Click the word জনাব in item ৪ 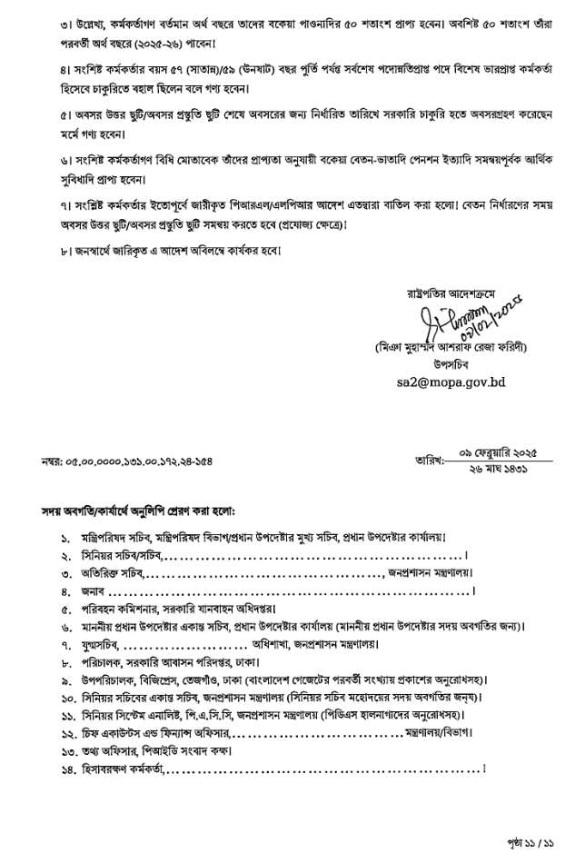(93, 591)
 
